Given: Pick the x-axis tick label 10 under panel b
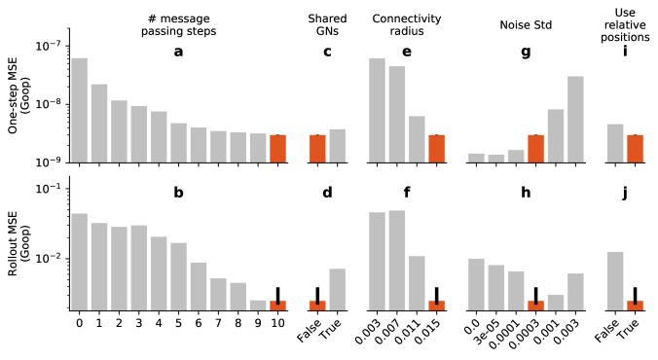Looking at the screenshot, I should pyautogui.click(x=277, y=320).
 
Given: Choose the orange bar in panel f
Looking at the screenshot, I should pyautogui.click(x=437, y=305).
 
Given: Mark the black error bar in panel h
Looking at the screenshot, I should pyautogui.click(x=536, y=295).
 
